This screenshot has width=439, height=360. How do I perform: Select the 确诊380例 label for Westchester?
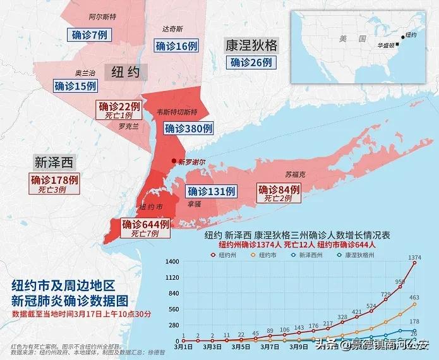[188, 128]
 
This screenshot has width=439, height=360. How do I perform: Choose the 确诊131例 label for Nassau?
[212, 191]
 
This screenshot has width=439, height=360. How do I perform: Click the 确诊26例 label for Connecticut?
[251, 63]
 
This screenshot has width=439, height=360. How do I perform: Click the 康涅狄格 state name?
[251, 45]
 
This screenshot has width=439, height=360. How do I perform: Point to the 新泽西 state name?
[54, 162]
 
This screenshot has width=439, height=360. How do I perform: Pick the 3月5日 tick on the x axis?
[241, 347]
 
